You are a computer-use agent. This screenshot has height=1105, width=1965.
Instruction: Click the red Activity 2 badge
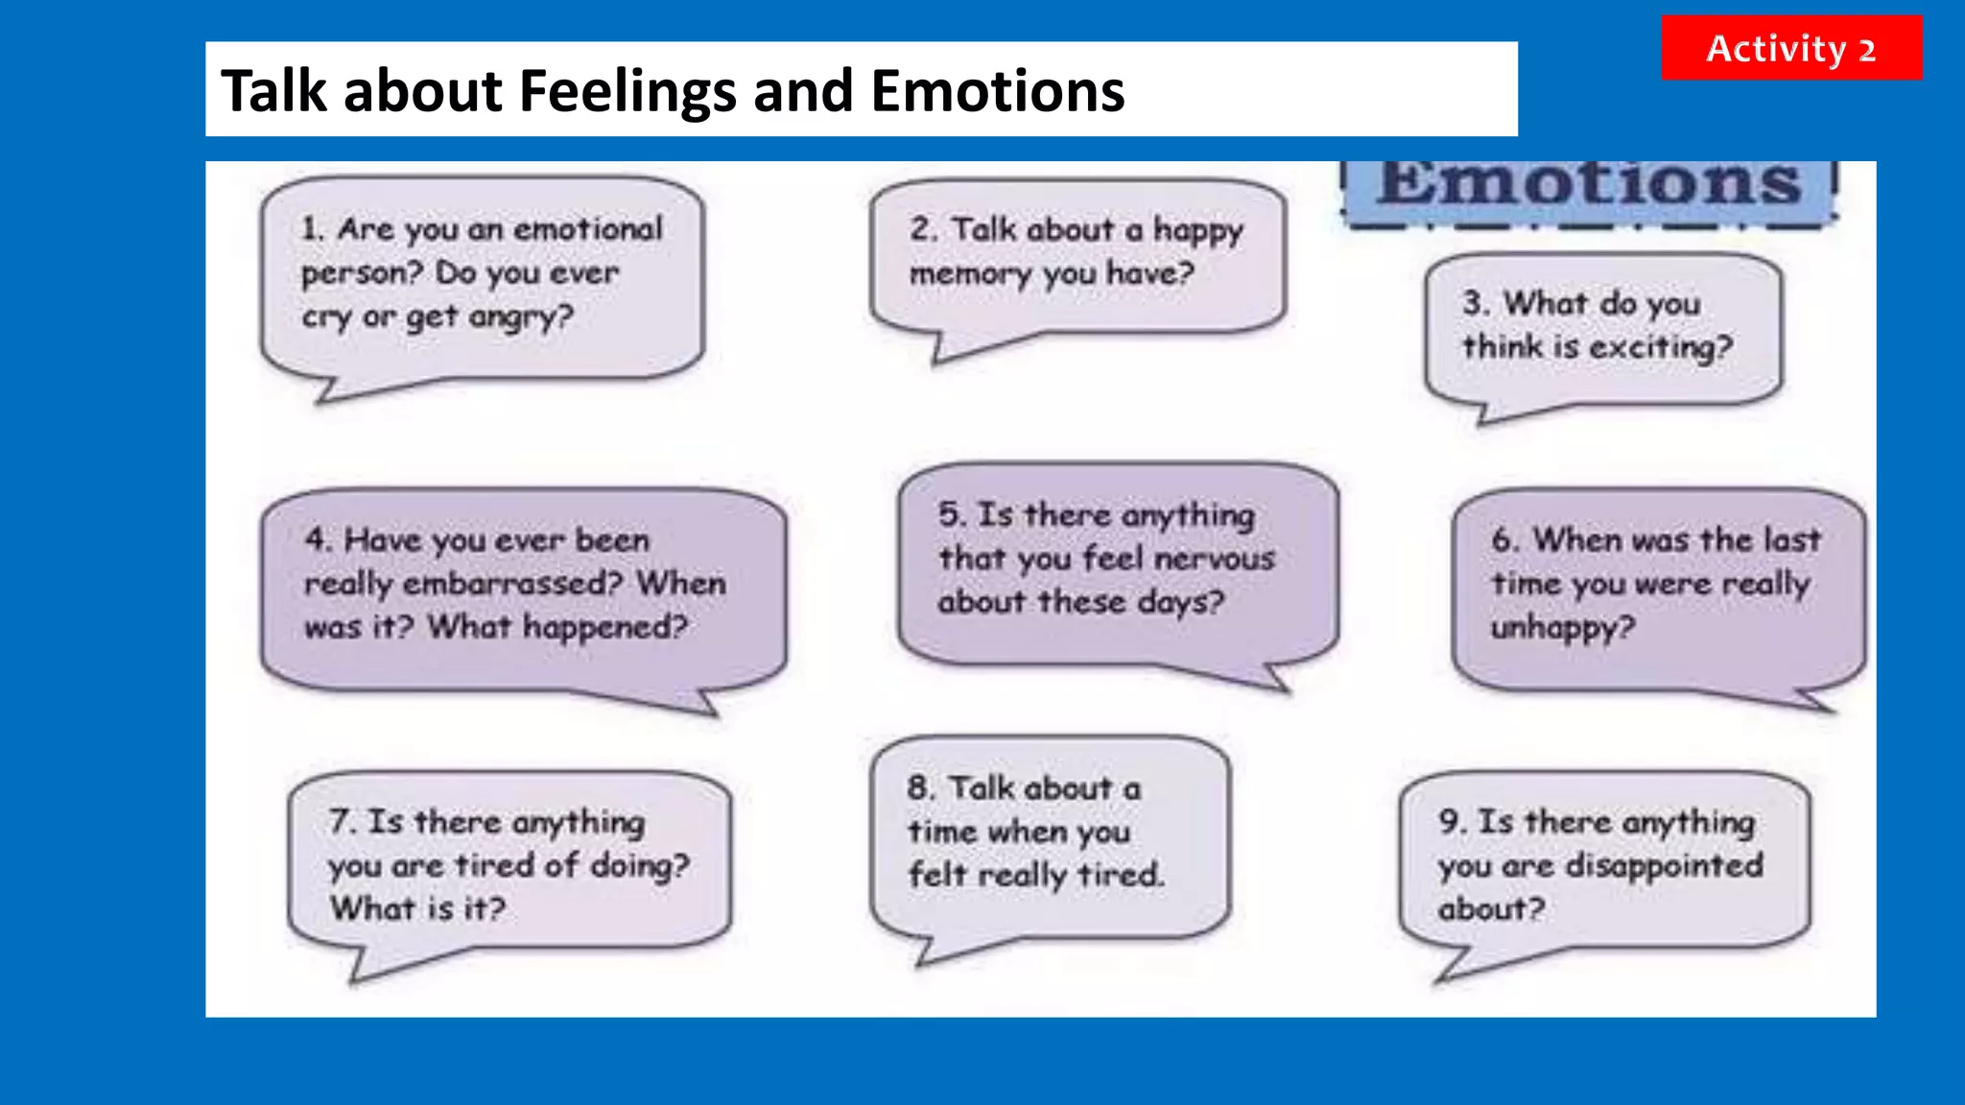click(1790, 48)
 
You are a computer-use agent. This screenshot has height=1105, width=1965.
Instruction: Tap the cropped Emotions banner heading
click(1589, 184)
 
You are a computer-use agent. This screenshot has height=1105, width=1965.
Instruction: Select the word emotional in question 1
click(588, 229)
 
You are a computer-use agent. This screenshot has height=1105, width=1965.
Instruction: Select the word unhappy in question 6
click(1562, 628)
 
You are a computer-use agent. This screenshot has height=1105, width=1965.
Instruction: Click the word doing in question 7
click(639, 866)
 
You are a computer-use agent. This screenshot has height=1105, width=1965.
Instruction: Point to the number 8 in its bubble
click(918, 788)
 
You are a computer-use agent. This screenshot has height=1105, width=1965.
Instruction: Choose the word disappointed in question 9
click(1664, 866)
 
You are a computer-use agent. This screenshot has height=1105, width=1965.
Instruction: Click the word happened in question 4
click(604, 628)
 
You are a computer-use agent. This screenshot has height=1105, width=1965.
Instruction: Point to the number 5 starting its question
click(950, 515)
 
